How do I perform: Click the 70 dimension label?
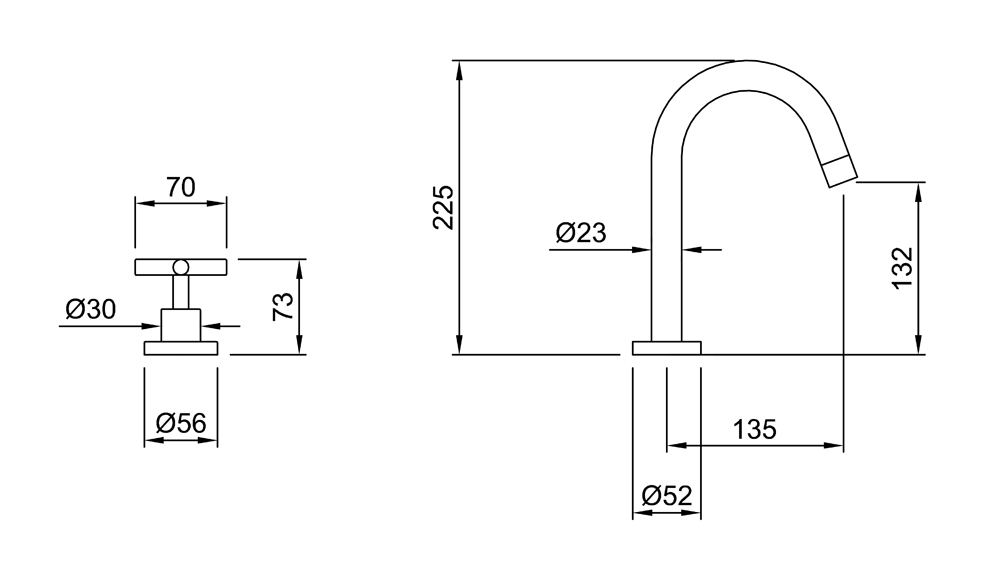coord(180,187)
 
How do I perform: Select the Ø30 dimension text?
coord(91,310)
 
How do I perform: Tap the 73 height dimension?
coord(283,307)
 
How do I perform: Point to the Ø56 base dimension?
coord(181,423)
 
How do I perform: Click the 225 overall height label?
coord(443,207)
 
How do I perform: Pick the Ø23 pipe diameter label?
coord(580,233)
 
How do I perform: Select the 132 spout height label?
coord(903,268)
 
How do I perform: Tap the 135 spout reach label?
coord(754,430)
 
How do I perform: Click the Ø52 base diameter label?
coord(667,495)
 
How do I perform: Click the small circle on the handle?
coord(181,267)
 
